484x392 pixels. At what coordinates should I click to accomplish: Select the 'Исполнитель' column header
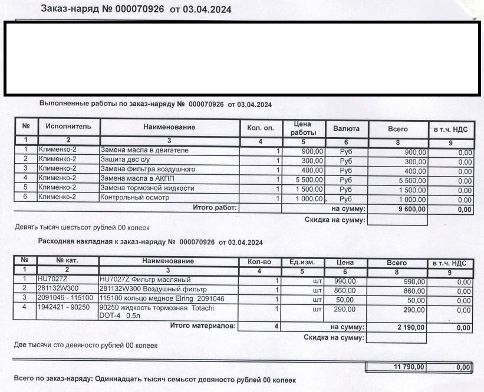[x=68, y=127]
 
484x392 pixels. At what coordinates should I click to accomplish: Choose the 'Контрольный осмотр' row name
[x=135, y=198]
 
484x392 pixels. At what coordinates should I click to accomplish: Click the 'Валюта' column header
[x=346, y=128]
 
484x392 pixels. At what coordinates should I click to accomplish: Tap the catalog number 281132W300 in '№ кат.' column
[x=57, y=289]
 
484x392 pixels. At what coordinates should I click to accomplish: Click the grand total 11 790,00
[x=409, y=367]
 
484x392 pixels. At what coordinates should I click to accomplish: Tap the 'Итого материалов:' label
[x=202, y=325]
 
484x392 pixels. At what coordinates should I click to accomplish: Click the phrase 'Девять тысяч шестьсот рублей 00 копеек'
[x=81, y=227]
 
